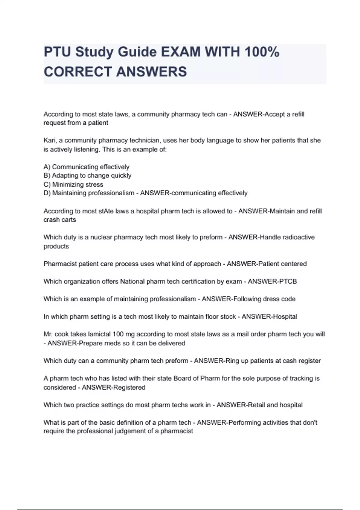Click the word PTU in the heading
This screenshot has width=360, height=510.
point(57,52)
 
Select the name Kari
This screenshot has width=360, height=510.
point(49,140)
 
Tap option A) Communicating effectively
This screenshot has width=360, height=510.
point(86,167)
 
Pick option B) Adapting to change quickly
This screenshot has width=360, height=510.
point(87,175)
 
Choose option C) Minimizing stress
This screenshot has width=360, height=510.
point(73,184)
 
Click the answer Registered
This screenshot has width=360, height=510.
point(129,387)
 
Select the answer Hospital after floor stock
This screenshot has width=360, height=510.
point(283,316)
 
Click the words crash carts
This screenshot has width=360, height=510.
point(60,220)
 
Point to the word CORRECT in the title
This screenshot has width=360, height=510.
point(77,72)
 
